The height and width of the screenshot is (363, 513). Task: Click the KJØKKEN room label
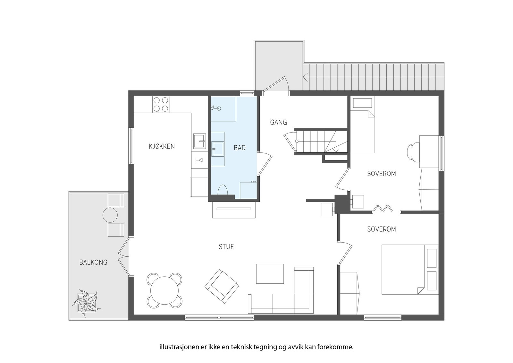click(162, 146)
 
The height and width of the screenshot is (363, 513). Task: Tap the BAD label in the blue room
click(240, 148)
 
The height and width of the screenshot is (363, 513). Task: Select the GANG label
click(278, 122)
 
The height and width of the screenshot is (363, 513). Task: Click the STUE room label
click(226, 247)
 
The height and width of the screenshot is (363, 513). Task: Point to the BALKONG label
click(93, 263)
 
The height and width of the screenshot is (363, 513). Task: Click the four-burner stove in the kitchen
click(161, 104)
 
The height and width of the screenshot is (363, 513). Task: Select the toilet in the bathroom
click(223, 190)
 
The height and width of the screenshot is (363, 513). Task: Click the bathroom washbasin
click(218, 149)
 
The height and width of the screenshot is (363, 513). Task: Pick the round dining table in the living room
click(165, 290)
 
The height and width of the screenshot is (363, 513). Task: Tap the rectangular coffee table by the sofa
click(270, 273)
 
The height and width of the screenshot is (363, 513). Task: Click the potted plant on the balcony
click(86, 303)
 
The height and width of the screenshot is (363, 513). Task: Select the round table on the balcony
click(110, 215)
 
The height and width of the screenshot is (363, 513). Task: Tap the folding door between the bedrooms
click(383, 208)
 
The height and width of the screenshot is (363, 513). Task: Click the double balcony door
click(123, 256)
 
